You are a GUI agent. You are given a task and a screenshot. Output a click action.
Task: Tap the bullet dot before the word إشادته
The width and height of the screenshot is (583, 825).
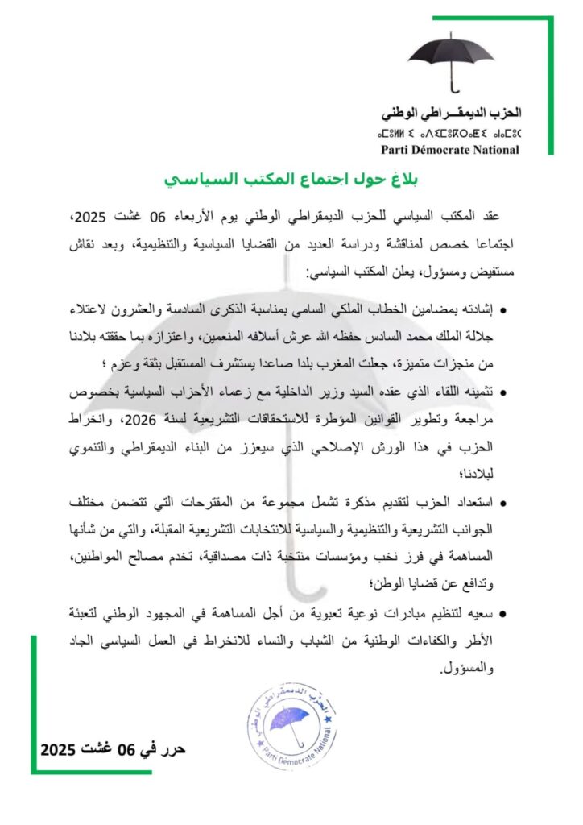(503, 309)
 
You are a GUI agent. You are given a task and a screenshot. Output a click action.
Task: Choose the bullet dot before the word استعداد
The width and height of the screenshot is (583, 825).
(503, 504)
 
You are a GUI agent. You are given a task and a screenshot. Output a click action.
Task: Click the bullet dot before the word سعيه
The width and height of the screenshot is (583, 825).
(503, 615)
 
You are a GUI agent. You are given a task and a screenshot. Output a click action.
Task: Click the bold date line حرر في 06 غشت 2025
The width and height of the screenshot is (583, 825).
(114, 750)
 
